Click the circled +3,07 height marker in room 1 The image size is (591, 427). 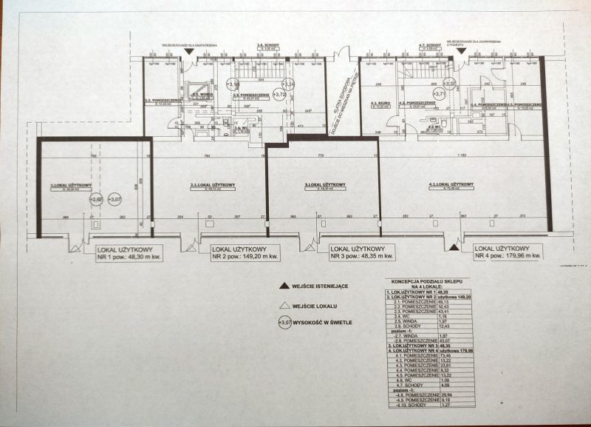click(115, 200)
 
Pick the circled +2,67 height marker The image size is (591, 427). click(96, 200)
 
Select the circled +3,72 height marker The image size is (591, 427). click(279, 95)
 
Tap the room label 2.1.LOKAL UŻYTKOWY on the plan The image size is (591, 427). click(213, 185)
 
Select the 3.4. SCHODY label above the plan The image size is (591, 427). click(267, 46)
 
